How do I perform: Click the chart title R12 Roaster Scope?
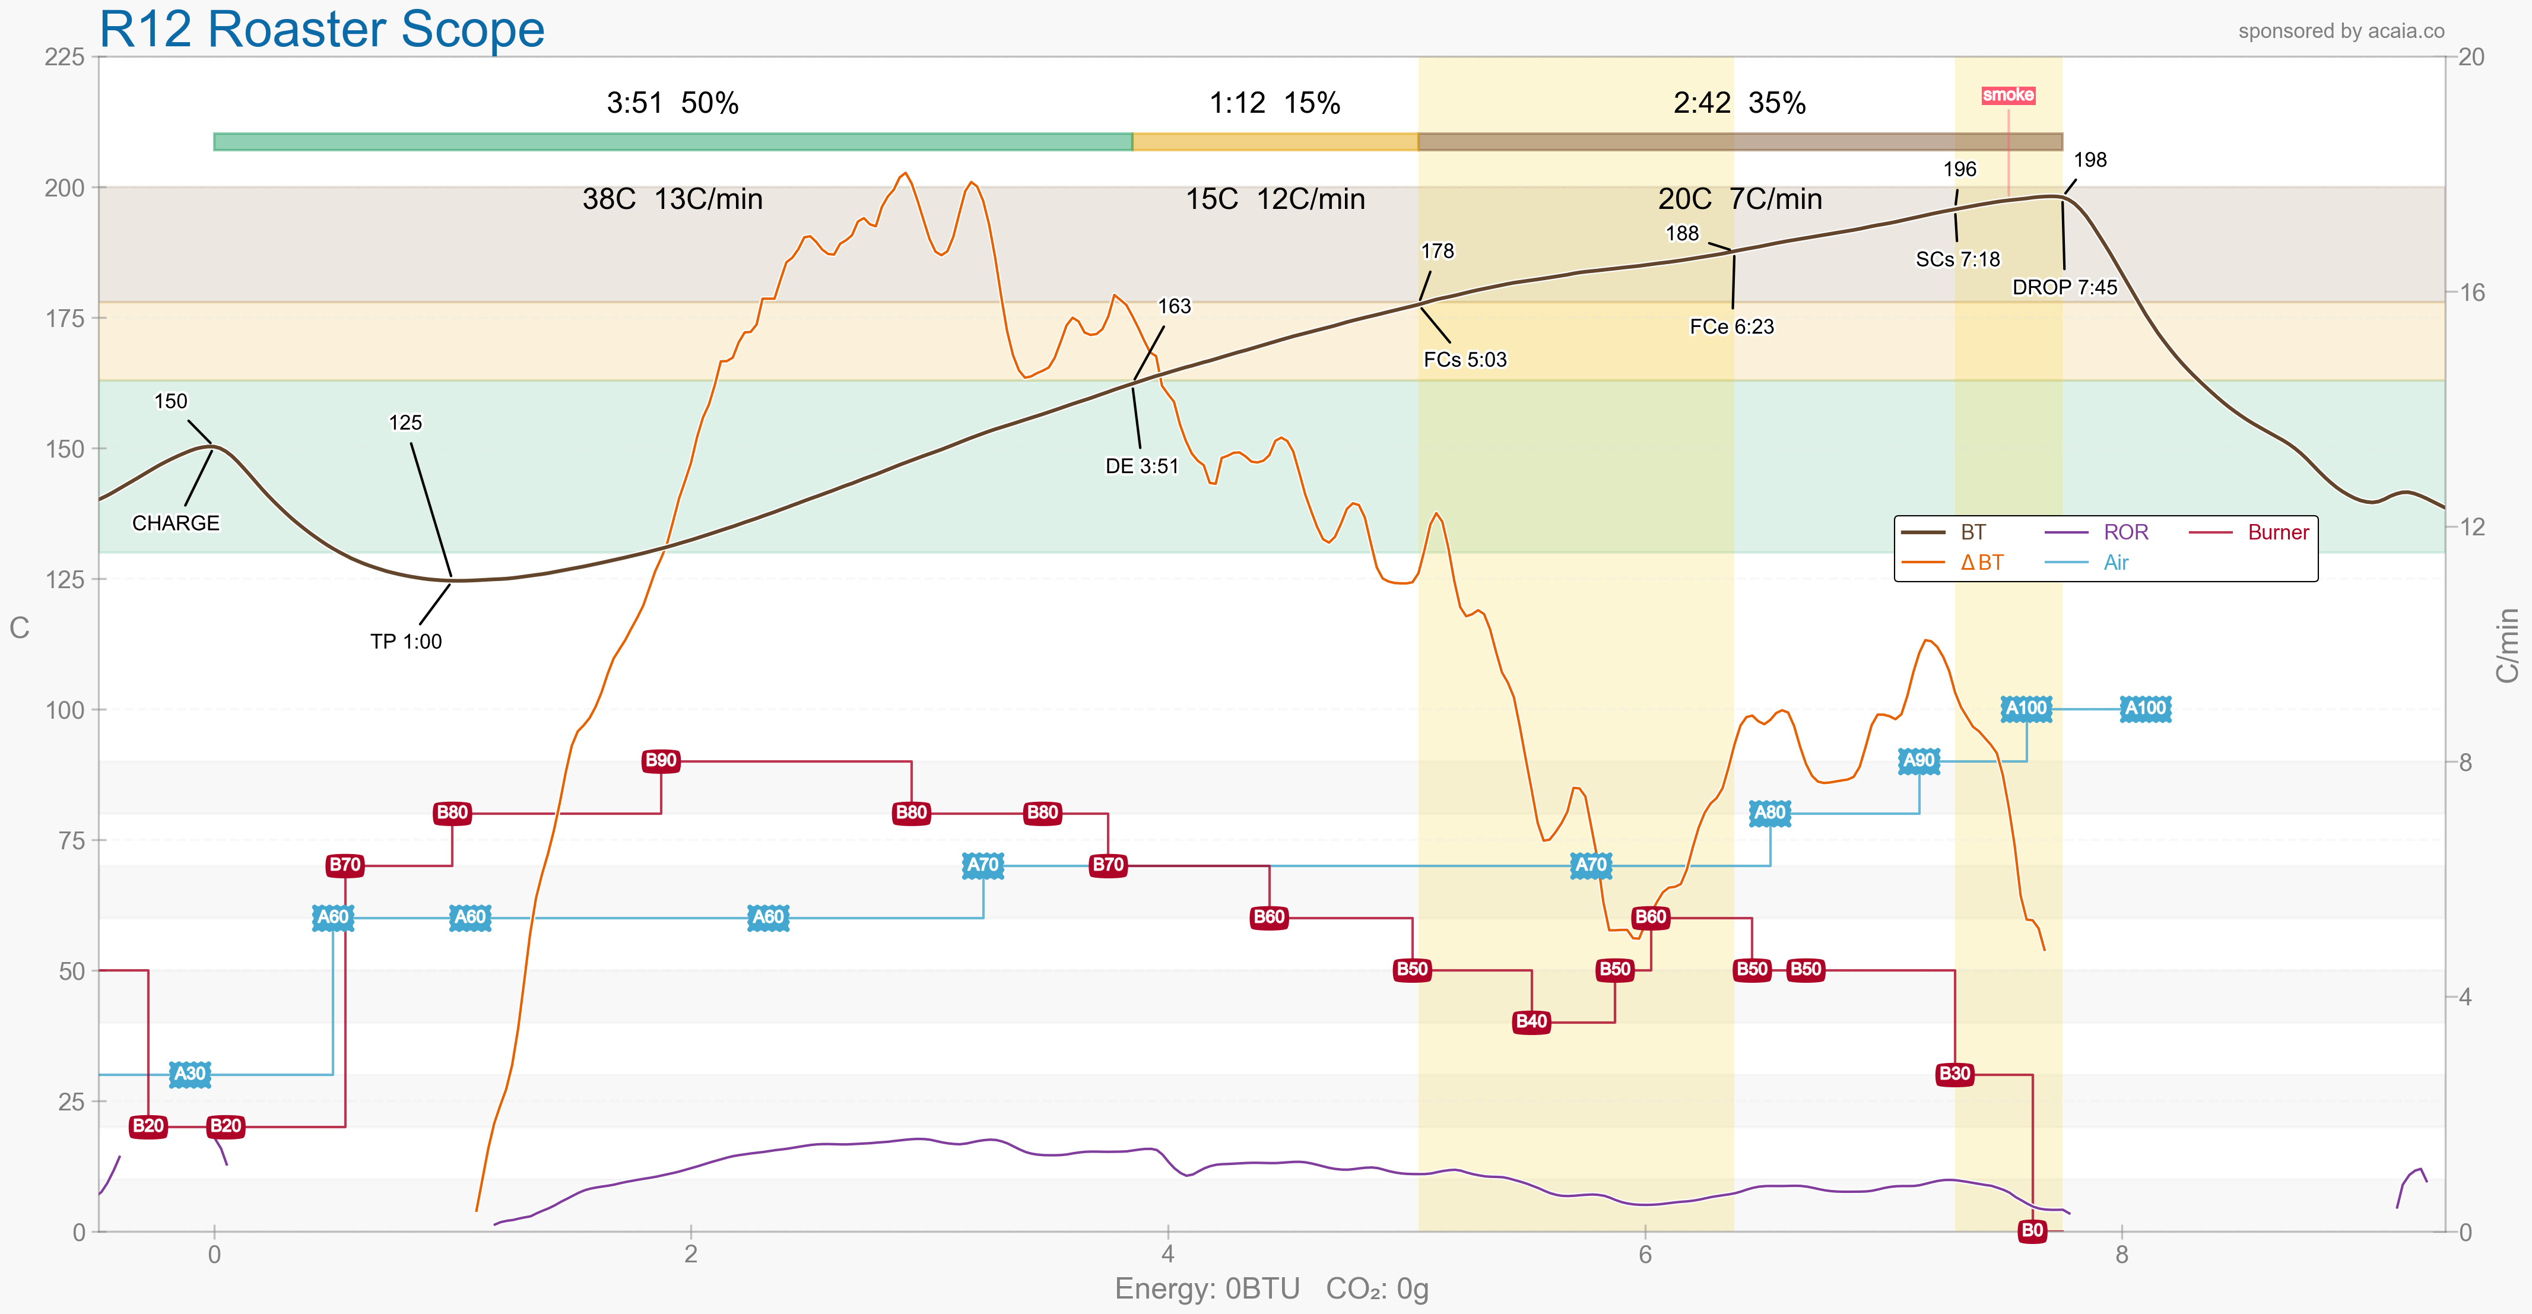(x=322, y=30)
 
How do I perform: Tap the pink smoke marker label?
(x=2007, y=96)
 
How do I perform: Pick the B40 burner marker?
(x=1531, y=1021)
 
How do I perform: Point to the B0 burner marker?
(x=2032, y=1230)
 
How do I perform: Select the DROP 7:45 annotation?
(x=2064, y=287)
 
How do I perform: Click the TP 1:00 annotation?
(x=406, y=641)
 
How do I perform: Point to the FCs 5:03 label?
(x=1465, y=360)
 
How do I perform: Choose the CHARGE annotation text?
(x=176, y=523)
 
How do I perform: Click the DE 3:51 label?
(x=1141, y=466)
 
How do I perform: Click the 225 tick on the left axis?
(x=65, y=57)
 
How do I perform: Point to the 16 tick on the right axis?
(x=2471, y=292)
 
